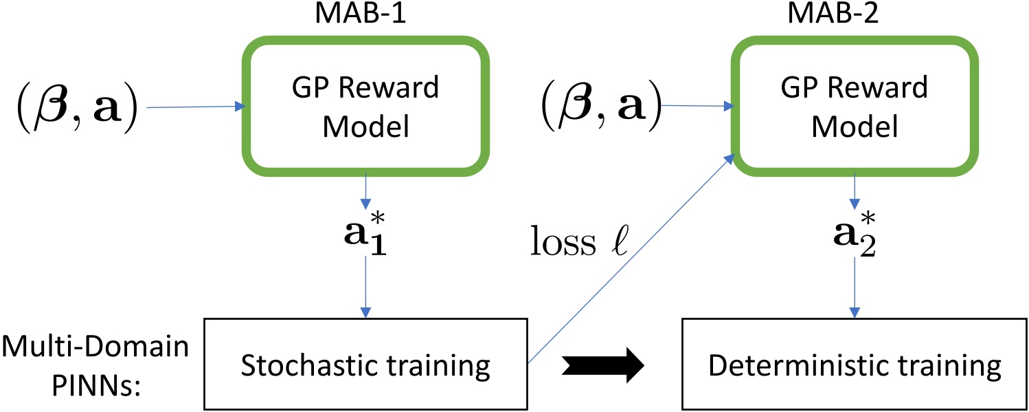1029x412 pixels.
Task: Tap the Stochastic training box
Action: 365,365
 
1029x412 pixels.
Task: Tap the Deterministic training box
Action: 854,365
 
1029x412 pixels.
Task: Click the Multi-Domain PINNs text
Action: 95,365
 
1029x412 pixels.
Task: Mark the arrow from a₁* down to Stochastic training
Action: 365,289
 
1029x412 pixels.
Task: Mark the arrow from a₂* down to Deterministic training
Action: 854,289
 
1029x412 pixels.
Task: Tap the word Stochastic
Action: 309,365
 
